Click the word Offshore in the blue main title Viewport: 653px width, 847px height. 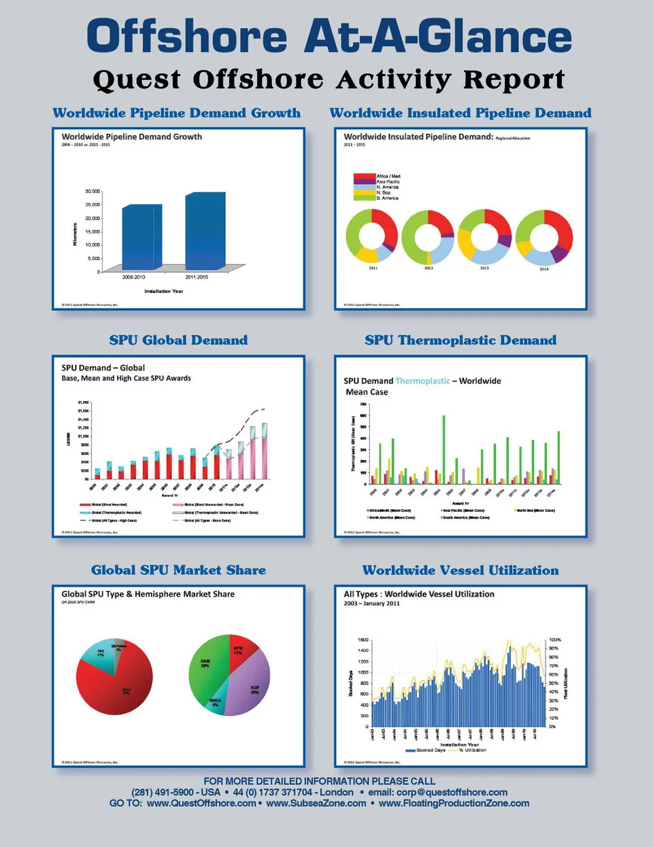point(187,37)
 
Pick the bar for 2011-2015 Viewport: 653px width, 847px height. point(205,231)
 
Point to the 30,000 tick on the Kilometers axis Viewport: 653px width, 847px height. point(93,191)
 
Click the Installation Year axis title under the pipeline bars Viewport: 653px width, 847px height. point(163,291)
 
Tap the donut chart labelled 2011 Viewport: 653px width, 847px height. point(372,236)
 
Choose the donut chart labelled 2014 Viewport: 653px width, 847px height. point(544,237)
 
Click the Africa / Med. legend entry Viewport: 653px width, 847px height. point(388,176)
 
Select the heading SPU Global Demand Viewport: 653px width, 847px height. point(178,340)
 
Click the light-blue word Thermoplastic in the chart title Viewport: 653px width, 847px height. point(422,381)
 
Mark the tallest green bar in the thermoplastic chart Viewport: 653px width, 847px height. point(443,449)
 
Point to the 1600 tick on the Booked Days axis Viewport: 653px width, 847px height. point(363,640)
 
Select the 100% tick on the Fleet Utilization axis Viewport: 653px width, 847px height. point(555,640)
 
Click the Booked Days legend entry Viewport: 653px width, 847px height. point(425,750)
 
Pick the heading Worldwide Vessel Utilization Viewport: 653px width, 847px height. point(461,570)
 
